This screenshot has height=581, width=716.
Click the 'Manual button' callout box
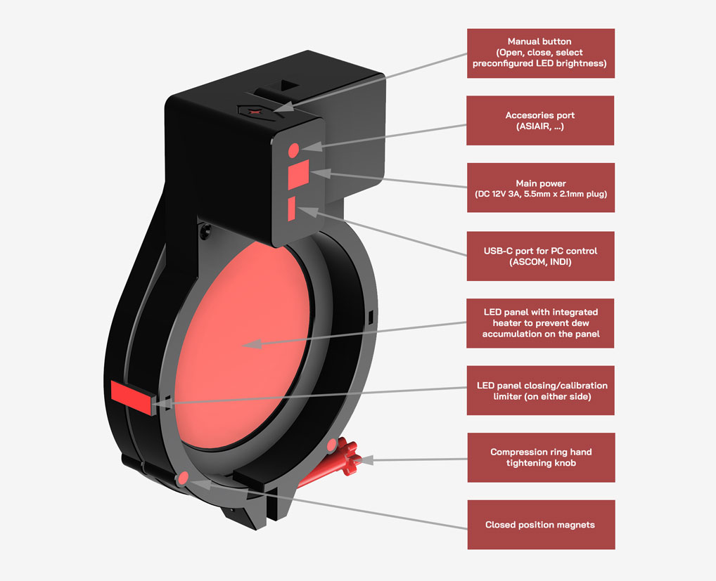540,53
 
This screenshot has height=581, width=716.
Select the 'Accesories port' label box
540,121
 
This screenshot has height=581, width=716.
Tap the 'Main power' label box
540,188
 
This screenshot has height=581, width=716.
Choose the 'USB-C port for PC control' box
540,256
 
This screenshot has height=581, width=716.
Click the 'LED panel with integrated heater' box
540,323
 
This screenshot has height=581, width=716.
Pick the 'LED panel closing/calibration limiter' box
540,391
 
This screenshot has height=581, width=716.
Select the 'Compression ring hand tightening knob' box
540,457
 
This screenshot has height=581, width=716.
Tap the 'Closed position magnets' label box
540,525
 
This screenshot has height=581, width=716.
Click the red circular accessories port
293,149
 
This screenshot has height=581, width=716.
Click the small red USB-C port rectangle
291,209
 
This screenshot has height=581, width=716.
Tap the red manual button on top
255,111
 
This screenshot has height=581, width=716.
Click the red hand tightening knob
347,458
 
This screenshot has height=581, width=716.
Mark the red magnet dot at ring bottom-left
184,478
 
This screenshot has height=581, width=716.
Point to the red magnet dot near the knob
331,445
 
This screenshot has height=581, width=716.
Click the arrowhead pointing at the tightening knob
366,460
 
